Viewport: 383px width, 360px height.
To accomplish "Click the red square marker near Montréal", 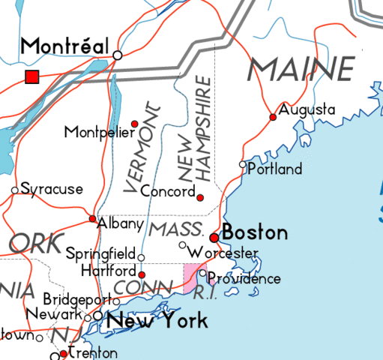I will coord(31,76).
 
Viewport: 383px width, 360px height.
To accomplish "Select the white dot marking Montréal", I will coord(118,55).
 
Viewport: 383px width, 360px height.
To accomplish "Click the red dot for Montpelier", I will coord(135,124).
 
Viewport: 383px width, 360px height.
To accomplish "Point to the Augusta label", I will coord(307,110).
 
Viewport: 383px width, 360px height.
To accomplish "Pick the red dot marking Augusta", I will coord(273,117).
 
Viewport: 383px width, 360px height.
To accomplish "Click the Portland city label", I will coord(274,169).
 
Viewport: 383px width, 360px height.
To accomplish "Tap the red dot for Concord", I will coord(200,197).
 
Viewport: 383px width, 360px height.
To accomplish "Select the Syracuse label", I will coord(51,189).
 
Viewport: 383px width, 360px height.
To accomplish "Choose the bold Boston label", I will coord(255,232).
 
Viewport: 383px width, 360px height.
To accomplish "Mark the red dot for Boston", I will coord(214,237).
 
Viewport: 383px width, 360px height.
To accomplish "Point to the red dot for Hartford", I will coord(142,275).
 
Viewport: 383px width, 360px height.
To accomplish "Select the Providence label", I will coord(244,279).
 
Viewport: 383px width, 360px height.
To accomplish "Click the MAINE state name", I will coord(301,70).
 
